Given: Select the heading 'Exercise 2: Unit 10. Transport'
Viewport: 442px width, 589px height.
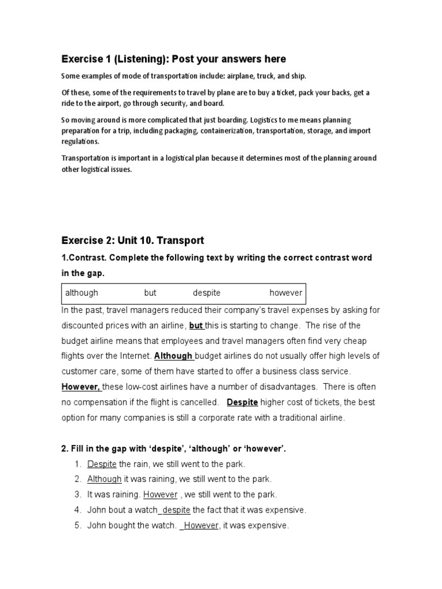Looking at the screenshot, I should pos(132,240).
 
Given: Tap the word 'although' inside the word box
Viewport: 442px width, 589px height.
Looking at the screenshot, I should pos(82,293).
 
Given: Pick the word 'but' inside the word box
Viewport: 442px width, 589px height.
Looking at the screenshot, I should pos(150,293).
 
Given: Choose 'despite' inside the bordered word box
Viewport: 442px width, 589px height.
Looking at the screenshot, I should pos(207,293).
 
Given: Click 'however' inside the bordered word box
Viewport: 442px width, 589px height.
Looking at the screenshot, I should pos(285,293).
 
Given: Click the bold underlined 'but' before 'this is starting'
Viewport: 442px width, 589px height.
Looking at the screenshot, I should pos(196,326).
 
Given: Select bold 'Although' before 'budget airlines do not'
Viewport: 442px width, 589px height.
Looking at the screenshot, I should pos(173,357).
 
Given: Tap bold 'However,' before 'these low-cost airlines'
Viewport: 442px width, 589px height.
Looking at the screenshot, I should pos(80,387).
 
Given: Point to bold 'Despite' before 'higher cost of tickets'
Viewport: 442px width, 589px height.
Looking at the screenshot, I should pos(242,403).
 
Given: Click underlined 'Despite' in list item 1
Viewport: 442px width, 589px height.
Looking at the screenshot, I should pos(102,464).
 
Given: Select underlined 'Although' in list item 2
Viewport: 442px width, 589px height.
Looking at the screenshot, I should pos(104,479).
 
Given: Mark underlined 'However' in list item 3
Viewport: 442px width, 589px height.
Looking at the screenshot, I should pos(160,495).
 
